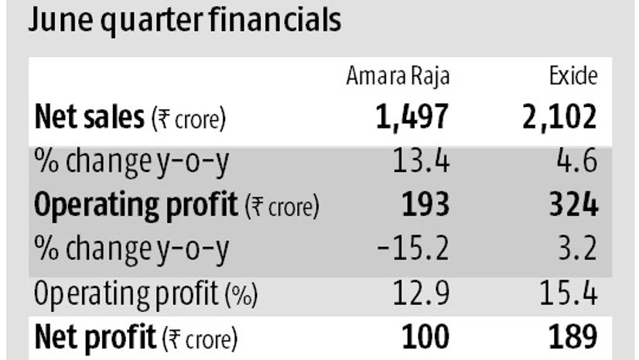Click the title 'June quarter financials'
(184, 21)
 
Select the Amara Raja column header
(398, 77)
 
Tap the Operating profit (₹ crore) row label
(176, 207)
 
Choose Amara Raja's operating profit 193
(425, 206)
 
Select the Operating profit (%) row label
(145, 295)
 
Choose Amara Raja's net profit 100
(425, 338)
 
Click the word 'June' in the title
(56, 21)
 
